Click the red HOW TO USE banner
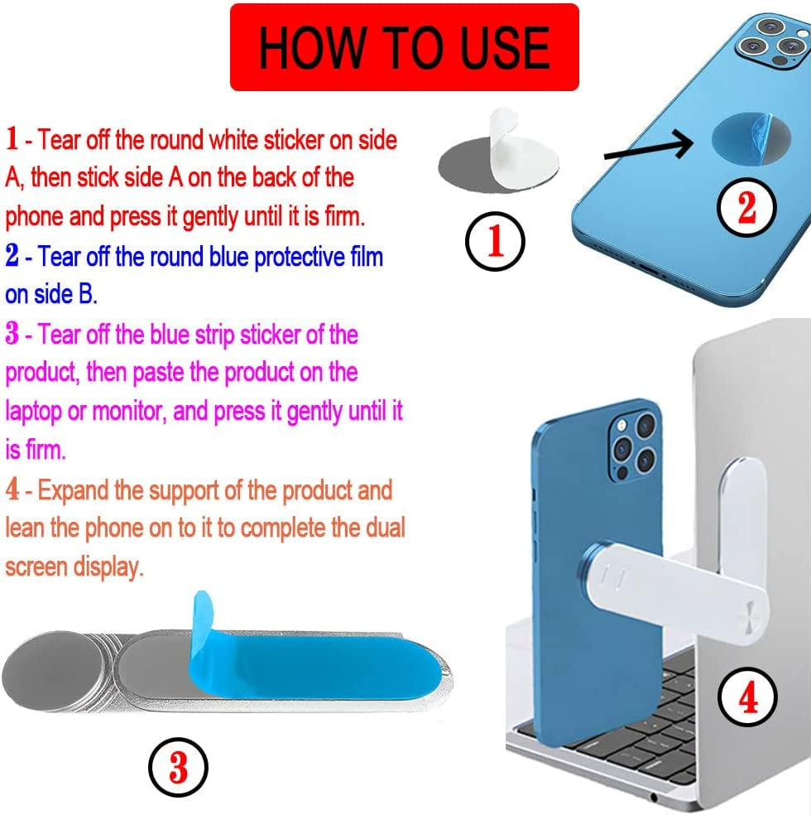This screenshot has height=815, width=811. pyautogui.click(x=404, y=46)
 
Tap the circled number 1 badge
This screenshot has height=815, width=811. pyautogui.click(x=494, y=243)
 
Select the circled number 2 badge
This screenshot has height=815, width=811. pyautogui.click(x=746, y=208)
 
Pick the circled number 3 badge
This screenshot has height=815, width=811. pyautogui.click(x=178, y=769)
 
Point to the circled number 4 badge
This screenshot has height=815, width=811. pyautogui.click(x=747, y=700)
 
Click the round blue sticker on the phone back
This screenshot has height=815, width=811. pyautogui.click(x=748, y=139)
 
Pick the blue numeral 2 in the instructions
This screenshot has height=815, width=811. pyautogui.click(x=12, y=256)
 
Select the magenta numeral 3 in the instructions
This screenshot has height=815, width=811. pyautogui.click(x=12, y=335)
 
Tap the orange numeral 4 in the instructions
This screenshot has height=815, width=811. pyautogui.click(x=12, y=489)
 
